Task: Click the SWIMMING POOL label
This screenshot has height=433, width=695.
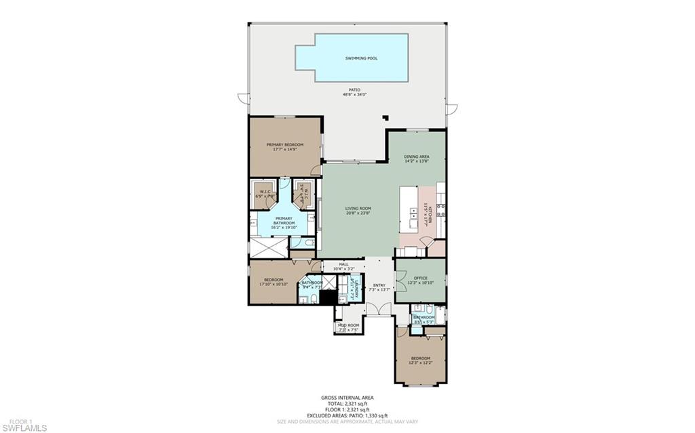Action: (362, 58)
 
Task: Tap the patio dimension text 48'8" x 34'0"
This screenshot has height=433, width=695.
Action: (354, 95)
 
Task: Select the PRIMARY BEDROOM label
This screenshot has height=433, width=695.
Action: (284, 145)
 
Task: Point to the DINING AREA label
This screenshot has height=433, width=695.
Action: (417, 157)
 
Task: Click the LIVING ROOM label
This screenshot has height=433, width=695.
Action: (356, 209)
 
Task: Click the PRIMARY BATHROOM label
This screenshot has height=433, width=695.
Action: (284, 221)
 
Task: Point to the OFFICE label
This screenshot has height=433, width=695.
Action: (420, 278)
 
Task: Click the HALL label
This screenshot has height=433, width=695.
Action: (343, 265)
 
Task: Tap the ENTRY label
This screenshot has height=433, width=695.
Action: (379, 285)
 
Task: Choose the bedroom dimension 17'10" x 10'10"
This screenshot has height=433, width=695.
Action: (273, 284)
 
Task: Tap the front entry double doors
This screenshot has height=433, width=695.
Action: (379, 310)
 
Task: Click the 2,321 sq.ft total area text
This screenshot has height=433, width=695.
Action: (347, 403)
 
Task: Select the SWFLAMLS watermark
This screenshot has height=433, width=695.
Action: (24, 428)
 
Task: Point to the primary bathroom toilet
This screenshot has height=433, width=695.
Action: (309, 241)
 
